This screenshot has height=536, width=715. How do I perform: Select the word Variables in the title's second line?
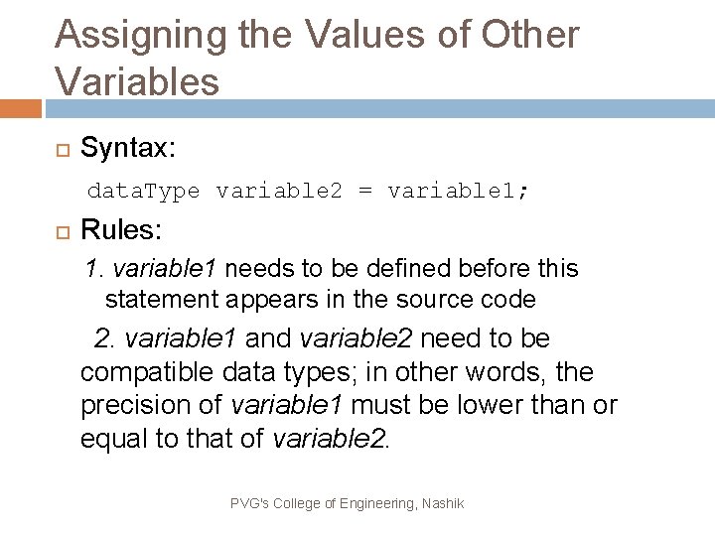(x=138, y=81)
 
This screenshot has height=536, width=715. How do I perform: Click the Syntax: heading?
(x=128, y=149)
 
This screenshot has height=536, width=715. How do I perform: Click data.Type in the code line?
(x=144, y=191)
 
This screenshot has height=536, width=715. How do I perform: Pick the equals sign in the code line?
(x=364, y=191)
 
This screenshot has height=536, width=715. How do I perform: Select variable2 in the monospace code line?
(x=279, y=191)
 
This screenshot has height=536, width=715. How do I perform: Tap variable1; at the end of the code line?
(x=458, y=191)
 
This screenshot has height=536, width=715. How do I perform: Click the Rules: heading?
(x=121, y=231)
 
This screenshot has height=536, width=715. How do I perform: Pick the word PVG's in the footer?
(x=248, y=504)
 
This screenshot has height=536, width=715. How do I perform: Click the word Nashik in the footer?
(x=442, y=504)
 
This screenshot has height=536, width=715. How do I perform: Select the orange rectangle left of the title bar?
(x=20, y=107)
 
